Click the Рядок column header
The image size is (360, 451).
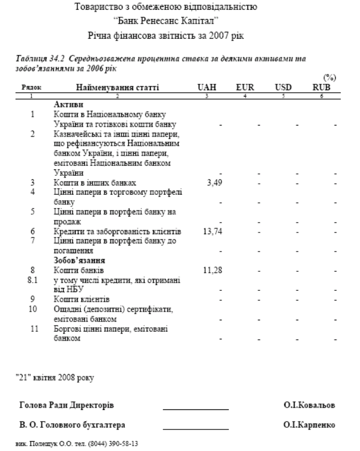[33, 87]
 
